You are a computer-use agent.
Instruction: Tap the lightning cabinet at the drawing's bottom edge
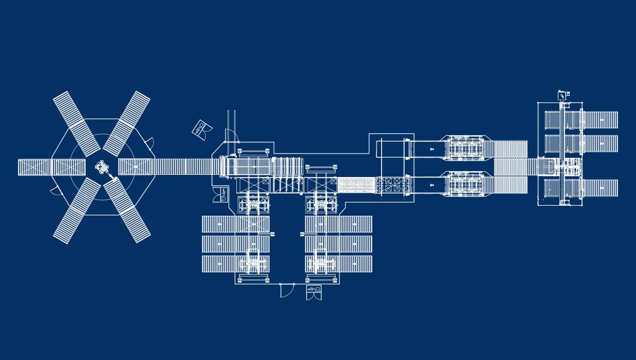[314, 292]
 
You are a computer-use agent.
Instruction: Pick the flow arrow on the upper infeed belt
[432, 149]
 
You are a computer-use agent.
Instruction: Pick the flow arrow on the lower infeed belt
[432, 185]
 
